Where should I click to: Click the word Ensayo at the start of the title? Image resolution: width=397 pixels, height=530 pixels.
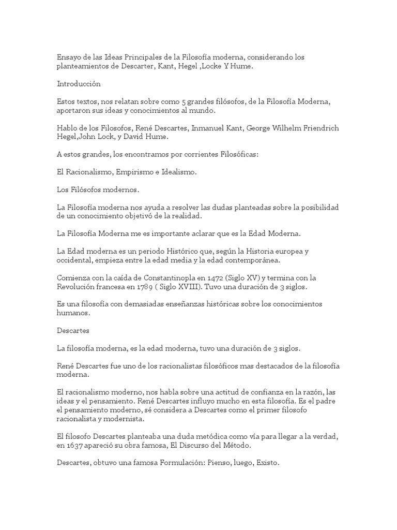pyautogui.click(x=70, y=56)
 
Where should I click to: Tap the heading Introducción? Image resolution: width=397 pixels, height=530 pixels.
pyautogui.click(x=79, y=83)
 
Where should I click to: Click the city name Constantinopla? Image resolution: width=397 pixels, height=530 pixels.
pyautogui.click(x=176, y=277)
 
